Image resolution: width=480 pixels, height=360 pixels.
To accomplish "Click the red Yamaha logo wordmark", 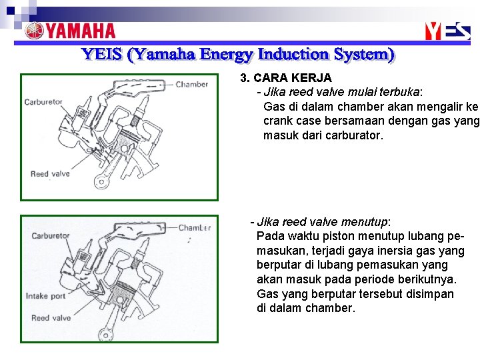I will pos(70,31).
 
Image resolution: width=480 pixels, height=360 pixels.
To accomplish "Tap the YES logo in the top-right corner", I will pos(447,31).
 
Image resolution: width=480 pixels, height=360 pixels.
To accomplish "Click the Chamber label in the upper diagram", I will pos(191,85).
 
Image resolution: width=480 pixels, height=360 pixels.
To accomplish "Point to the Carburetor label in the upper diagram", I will pos(43,102).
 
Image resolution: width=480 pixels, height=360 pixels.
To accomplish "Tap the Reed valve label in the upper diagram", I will pos(50,174).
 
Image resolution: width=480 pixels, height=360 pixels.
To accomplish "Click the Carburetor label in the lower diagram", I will pos(51,236).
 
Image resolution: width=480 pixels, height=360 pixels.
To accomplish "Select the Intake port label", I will pos(45,296).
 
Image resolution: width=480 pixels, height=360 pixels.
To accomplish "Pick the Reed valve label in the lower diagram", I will pos(51,318).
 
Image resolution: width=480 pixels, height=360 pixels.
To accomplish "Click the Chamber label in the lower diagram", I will pos(194,228).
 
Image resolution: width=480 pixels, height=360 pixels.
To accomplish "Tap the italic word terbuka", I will pos(399,92).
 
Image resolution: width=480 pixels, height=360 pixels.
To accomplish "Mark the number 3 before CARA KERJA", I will pos(245,78).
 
